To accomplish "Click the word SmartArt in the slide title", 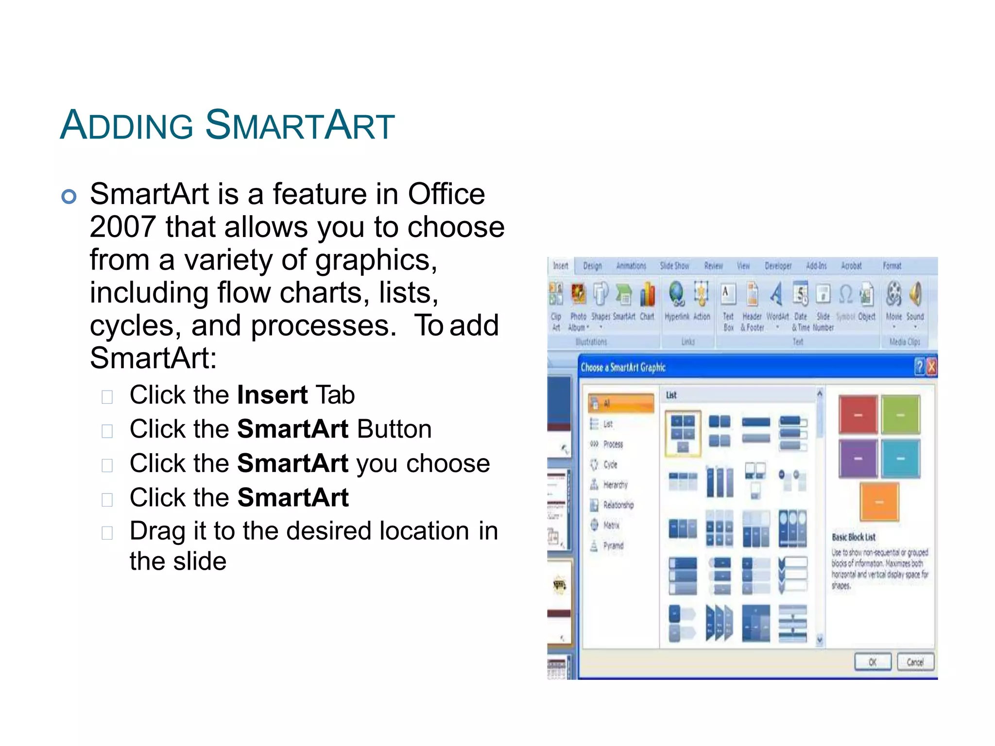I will pos(300,126).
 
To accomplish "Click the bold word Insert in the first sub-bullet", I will pos(272,395).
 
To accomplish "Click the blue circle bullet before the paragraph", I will pos(69,196).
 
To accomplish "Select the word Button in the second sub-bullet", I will pos(394,429).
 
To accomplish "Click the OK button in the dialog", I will pos(873,662).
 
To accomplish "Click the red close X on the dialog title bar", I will pos(931,367).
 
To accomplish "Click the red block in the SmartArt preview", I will pos(858,415).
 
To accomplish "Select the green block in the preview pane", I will pos(900,415).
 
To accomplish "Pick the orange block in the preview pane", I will pos(879,502).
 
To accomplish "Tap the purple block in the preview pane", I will pos(858,458).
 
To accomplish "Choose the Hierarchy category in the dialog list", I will pos(615,485).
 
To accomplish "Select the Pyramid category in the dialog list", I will pos(613,546).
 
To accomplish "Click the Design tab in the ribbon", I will pos(592,266).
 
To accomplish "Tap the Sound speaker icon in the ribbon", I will pos(915,294).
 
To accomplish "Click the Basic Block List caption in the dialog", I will pos(854,537).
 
